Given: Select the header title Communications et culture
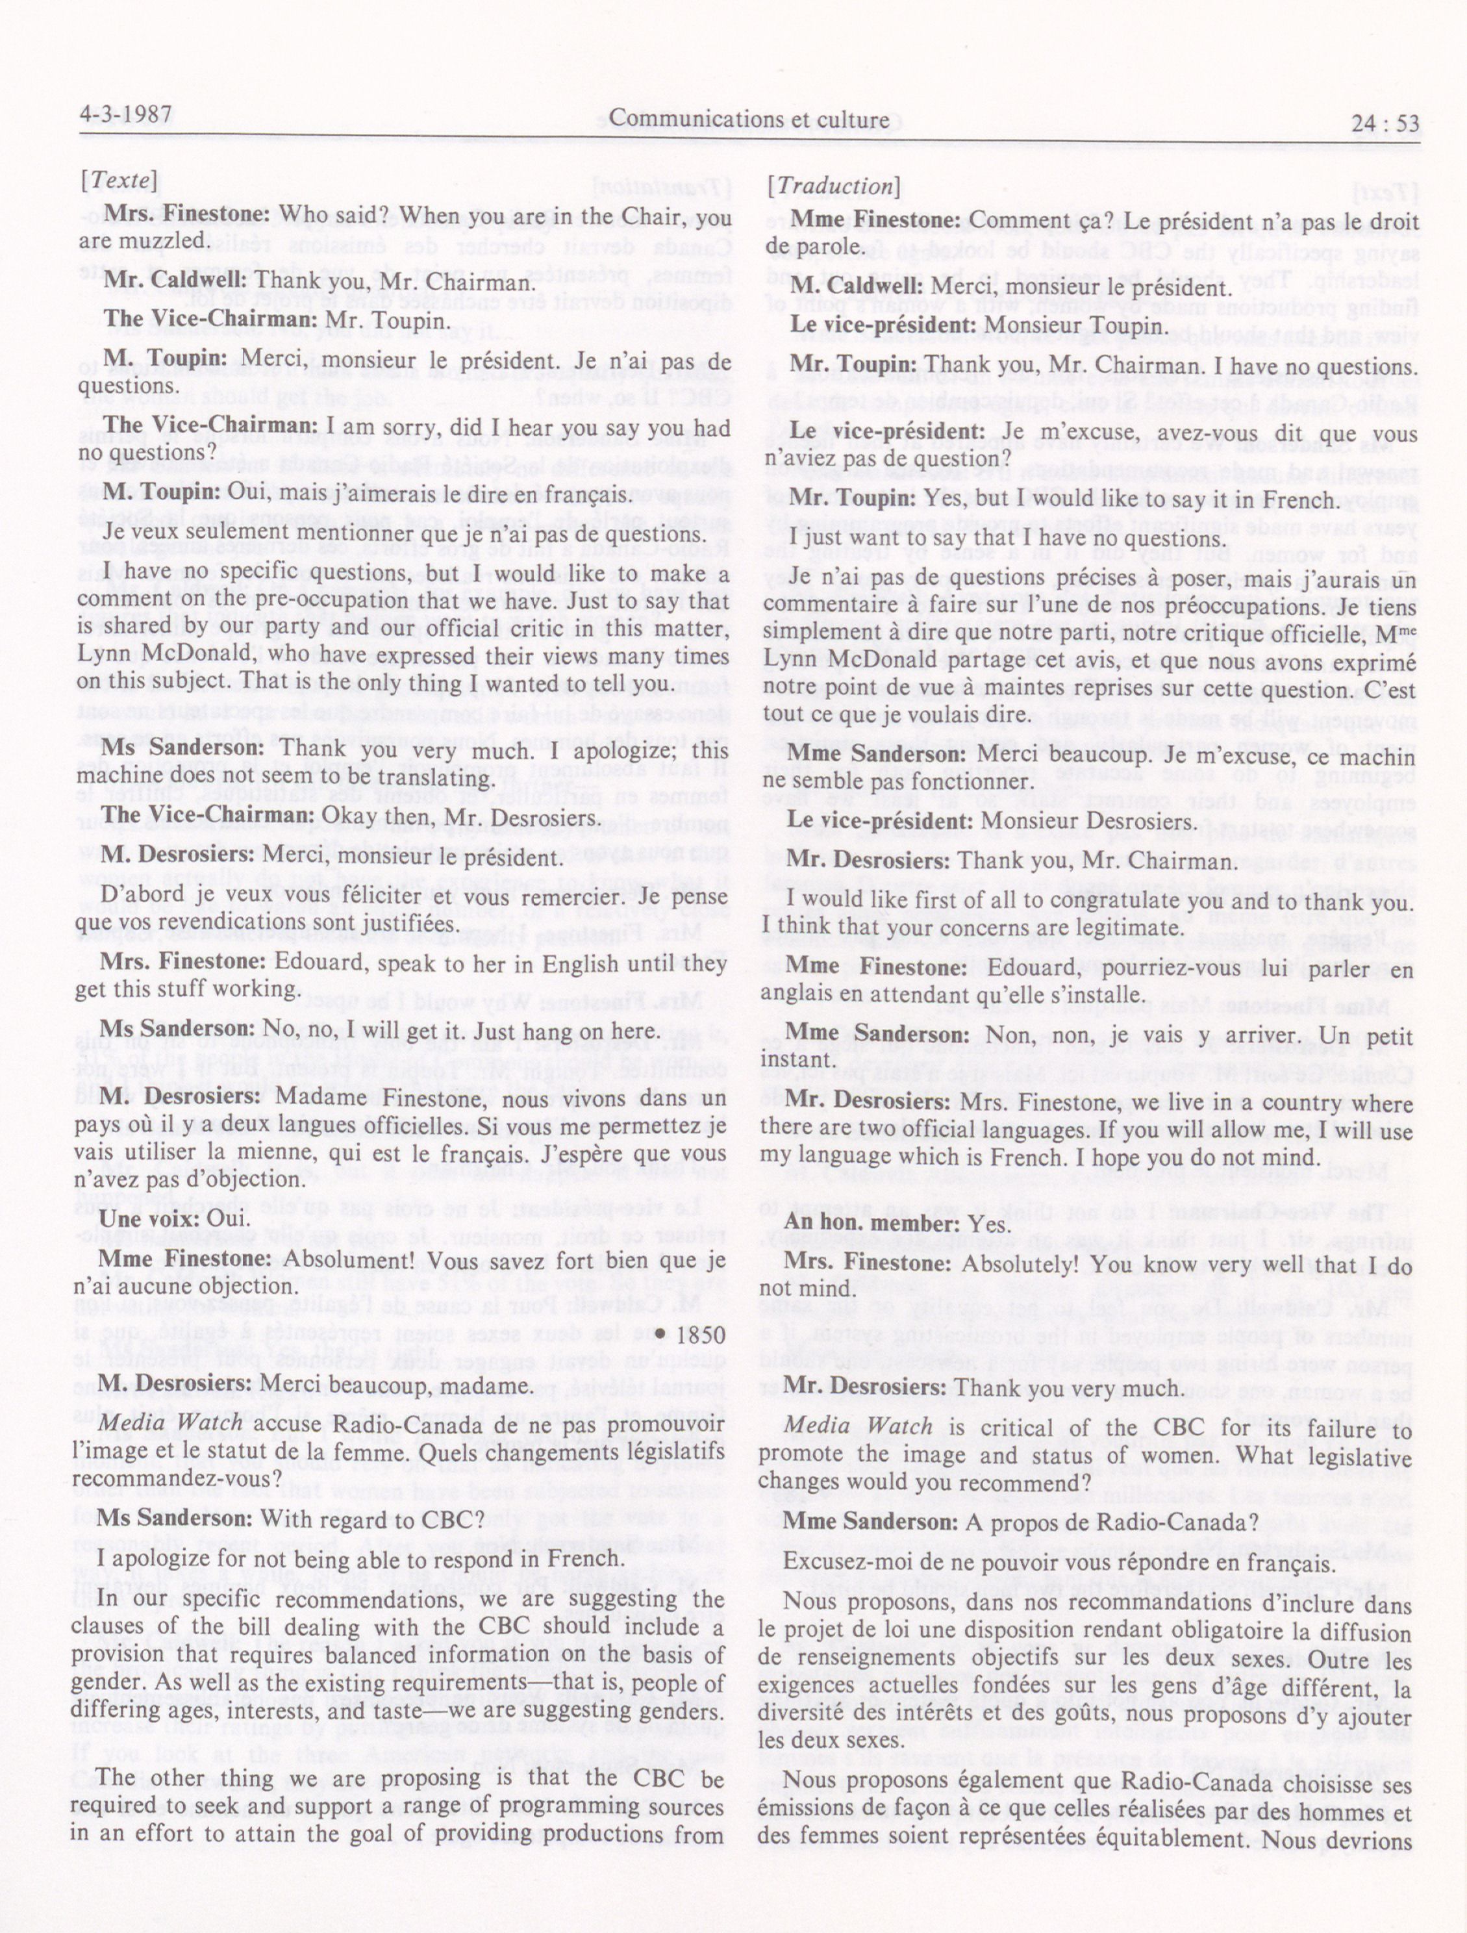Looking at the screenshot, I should coord(749,119).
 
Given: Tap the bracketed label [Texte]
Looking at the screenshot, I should coord(119,182).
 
